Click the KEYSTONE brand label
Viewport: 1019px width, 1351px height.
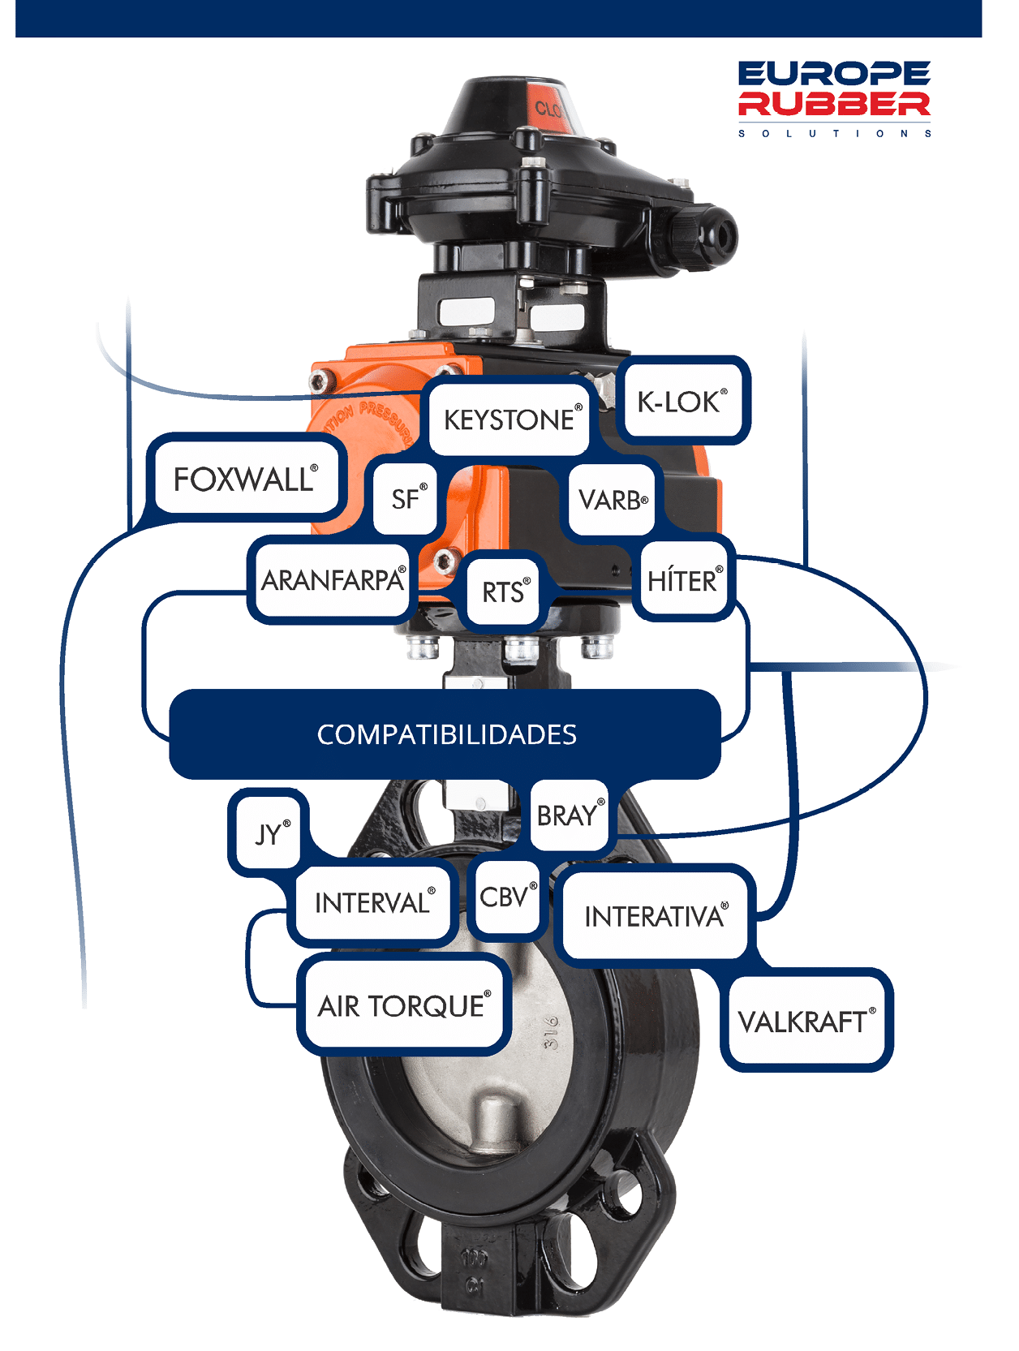point(509,419)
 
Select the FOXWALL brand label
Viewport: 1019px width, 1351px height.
point(245,479)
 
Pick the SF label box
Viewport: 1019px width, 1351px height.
point(406,498)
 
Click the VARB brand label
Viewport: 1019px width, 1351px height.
point(612,500)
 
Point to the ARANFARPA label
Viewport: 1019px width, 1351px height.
point(333,580)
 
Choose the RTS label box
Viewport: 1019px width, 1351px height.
point(503,592)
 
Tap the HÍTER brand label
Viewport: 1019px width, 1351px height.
point(683,581)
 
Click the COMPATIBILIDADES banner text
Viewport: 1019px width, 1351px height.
point(446,734)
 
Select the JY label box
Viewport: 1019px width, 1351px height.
point(269,833)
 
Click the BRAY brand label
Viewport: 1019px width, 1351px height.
point(568,815)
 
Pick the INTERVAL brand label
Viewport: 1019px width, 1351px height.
point(372,902)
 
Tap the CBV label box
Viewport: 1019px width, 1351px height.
point(505,897)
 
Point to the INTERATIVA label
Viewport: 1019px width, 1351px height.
point(654,916)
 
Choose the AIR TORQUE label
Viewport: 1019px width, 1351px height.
point(402,1006)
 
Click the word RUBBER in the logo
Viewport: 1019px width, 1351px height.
point(834,104)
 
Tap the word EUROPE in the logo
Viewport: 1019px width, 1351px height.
point(834,74)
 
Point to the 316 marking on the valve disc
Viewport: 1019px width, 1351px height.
point(551,1031)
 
